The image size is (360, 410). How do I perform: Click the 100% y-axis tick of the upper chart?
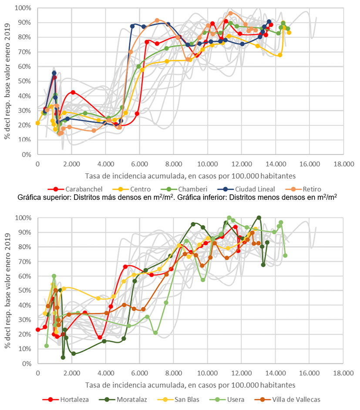tap(23, 8)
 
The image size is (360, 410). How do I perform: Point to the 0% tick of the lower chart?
tap(27, 364)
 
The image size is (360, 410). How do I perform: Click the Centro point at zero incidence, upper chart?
tap(38, 123)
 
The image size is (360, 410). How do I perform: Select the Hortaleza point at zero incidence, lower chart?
tap(38, 329)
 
